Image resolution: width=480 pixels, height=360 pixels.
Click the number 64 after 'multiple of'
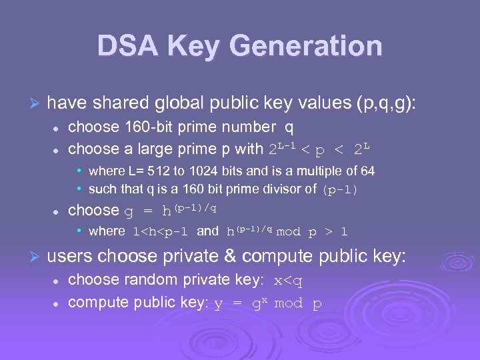pyautogui.click(x=367, y=171)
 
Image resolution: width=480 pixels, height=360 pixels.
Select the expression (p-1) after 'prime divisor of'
pyautogui.click(x=340, y=190)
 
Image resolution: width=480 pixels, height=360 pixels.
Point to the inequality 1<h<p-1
pyautogui.click(x=161, y=232)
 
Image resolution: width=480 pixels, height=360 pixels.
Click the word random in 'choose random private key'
pyautogui.click(x=135, y=279)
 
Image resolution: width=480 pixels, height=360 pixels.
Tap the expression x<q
pyautogui.click(x=289, y=281)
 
